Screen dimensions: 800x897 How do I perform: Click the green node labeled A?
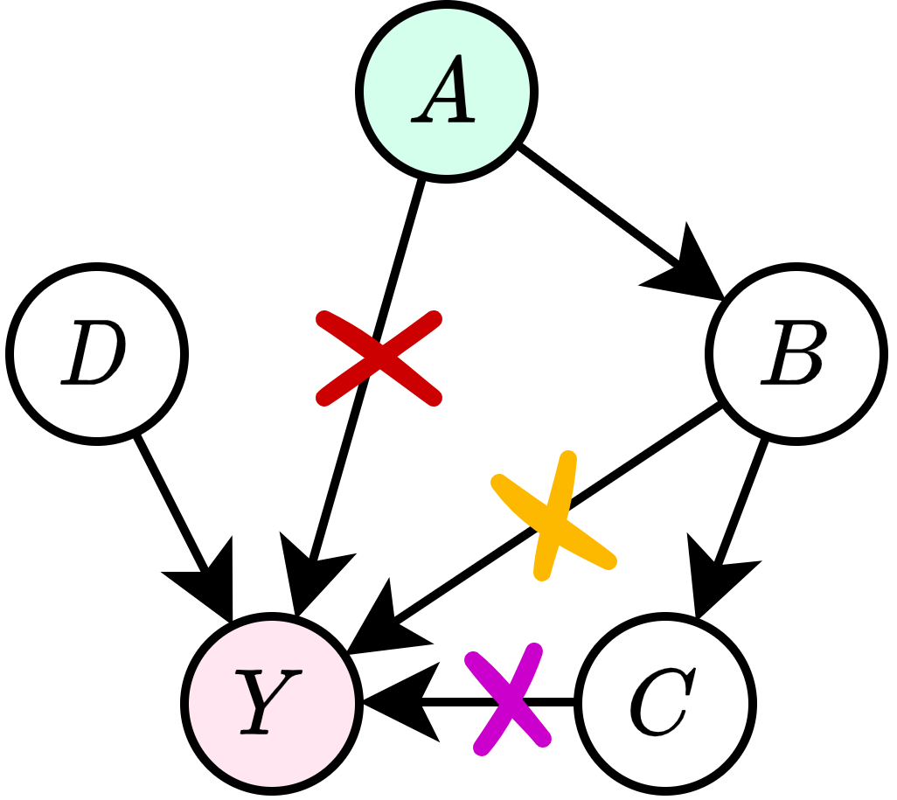[447, 91]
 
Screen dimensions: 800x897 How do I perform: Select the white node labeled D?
[97, 352]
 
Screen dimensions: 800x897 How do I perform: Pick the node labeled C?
[666, 702]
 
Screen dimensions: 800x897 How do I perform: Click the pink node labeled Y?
[272, 702]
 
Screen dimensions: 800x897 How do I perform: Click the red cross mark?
[378, 357]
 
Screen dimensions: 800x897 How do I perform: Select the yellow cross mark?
[554, 519]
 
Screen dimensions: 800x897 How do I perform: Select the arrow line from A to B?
[603, 205]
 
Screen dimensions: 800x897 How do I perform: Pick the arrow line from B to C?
[743, 503]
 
